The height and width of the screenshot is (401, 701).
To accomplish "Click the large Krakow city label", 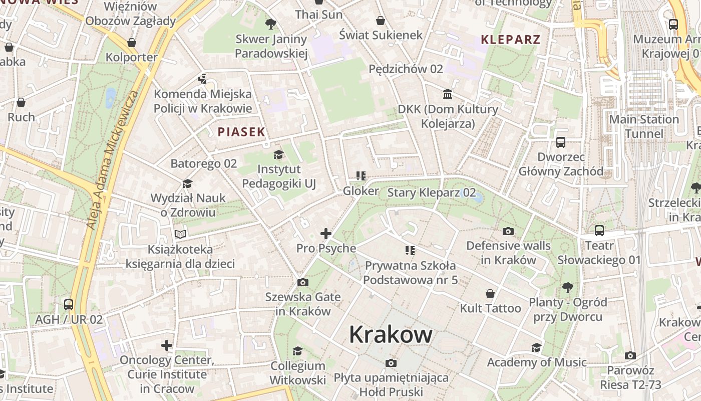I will click(x=391, y=334).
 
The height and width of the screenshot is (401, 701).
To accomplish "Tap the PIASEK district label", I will click(x=241, y=132).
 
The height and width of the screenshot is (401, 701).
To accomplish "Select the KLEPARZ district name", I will click(x=511, y=40).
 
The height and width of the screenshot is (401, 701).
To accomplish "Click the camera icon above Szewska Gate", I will click(x=302, y=283).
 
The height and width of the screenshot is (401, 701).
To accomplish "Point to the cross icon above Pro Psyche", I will click(x=326, y=234).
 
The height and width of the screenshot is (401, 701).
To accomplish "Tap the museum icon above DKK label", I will click(x=448, y=94).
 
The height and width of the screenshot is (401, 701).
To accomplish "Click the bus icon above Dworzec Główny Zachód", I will click(x=561, y=142).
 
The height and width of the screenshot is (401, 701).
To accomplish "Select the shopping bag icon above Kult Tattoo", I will click(x=490, y=294).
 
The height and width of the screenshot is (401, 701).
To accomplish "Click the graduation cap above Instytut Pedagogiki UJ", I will click(x=278, y=155).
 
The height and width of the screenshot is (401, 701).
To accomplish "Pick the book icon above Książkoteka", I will click(x=180, y=234).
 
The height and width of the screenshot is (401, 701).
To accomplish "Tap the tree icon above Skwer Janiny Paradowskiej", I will click(x=271, y=24).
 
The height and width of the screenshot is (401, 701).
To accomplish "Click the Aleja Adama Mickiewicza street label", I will click(x=112, y=160).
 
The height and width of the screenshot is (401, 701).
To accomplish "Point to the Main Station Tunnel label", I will click(x=644, y=126).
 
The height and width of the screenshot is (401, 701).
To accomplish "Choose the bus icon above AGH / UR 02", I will click(x=69, y=305).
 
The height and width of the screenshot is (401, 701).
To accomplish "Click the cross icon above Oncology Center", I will click(x=167, y=345).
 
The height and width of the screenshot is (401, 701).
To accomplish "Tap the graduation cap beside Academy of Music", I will click(x=536, y=348).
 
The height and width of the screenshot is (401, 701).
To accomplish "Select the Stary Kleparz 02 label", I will click(x=432, y=192).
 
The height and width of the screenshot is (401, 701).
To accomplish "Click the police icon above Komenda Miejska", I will click(x=202, y=79).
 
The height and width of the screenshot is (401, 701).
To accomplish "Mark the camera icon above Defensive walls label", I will click(x=508, y=231).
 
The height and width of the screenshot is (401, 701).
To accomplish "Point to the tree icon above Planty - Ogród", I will click(x=568, y=287).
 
